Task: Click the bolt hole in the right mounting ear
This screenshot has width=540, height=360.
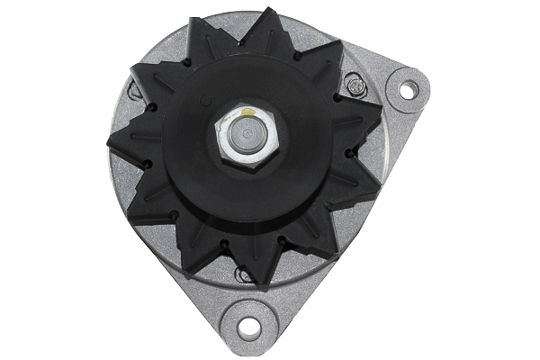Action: (x=406, y=90)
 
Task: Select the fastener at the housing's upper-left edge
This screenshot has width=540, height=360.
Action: (x=135, y=89)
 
